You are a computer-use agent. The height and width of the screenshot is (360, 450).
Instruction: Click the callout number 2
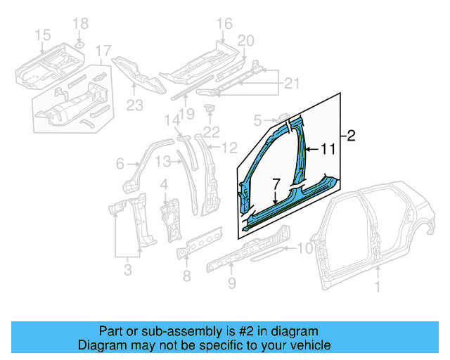[351, 136]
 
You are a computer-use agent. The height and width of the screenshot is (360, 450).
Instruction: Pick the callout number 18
[81, 23]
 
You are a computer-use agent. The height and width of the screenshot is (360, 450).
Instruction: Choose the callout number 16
[224, 25]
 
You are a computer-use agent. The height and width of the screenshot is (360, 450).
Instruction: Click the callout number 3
[127, 269]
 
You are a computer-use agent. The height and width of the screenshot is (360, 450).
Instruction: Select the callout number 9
[231, 284]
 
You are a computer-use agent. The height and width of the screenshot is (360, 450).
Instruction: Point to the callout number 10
[305, 247]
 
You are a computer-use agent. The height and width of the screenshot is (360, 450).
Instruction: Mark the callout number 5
[257, 120]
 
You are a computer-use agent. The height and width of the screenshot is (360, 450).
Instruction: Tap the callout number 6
[120, 164]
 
